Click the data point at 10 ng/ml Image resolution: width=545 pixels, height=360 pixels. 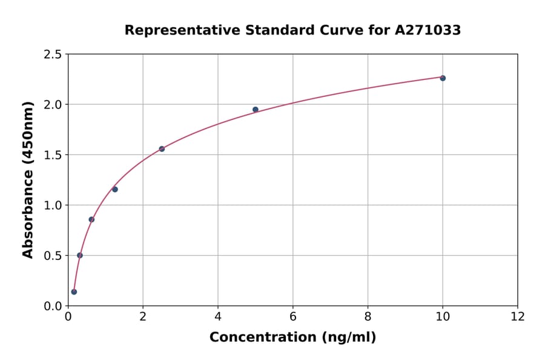click(443, 78)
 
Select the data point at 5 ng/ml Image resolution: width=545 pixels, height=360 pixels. click(256, 110)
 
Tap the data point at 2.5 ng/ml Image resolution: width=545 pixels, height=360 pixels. click(162, 148)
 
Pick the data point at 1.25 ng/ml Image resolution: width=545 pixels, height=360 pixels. click(115, 189)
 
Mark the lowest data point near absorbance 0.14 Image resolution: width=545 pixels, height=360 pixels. click(74, 292)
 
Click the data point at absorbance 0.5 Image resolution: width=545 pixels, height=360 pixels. click(80, 255)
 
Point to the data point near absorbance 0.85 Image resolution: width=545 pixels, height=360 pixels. click(91, 219)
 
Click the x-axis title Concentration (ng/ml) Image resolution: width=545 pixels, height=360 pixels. click(292, 338)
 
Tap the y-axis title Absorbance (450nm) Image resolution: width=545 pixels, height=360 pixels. click(28, 179)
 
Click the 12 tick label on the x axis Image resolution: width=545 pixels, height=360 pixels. click(518, 316)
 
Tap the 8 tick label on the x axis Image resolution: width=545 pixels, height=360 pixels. click(368, 316)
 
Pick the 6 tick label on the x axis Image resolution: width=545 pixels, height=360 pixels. click(293, 316)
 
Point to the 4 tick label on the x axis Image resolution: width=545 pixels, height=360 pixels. click(218, 316)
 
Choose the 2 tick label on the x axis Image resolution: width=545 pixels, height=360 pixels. click(143, 316)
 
